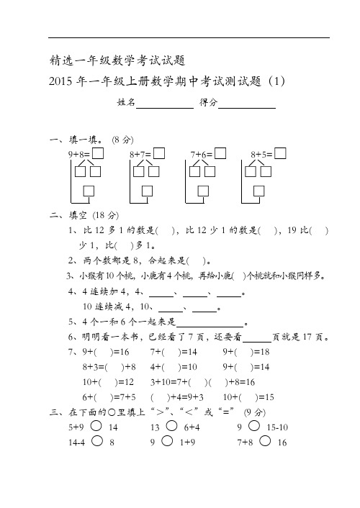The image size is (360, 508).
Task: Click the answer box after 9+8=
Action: coord(98,153)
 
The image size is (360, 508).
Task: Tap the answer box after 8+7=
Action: coord(159,153)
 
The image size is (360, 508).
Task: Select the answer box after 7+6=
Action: coord(220,153)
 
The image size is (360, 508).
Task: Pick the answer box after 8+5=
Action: coord(282,153)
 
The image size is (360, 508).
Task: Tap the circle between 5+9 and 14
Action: coord(96,427)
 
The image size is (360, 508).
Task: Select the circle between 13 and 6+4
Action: coord(171,427)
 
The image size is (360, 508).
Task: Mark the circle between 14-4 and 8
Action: coord(96,443)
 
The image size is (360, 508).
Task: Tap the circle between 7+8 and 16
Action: coord(264,443)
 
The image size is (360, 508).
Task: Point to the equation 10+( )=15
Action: coord(249,396)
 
